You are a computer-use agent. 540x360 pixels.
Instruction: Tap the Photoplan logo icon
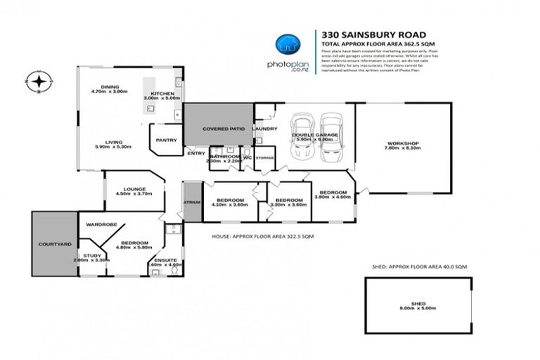(285, 45)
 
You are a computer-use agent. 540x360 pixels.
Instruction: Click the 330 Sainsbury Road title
(359, 33)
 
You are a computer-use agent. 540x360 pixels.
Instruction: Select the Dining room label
(110, 86)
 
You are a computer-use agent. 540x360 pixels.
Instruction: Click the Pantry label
(166, 139)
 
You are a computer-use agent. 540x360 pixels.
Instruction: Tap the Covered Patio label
(219, 130)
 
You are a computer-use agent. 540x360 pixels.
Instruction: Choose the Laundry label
(264, 129)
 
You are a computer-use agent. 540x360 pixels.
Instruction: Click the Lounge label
(134, 189)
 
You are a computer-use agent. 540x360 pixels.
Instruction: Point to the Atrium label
(192, 202)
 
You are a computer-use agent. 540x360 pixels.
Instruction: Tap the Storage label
(264, 158)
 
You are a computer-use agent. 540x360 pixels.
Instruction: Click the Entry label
(196, 153)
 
